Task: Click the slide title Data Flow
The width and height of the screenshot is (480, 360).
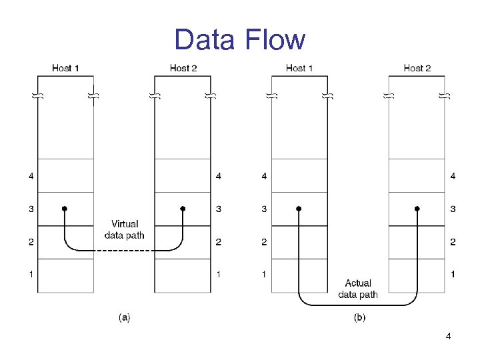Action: coord(239,40)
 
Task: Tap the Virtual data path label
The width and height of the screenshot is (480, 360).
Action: coord(125,229)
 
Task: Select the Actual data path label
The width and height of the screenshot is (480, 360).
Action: coord(358,289)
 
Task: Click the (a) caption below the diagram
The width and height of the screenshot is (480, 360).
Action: coord(124,318)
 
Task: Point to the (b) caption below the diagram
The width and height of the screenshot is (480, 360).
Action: coord(359,318)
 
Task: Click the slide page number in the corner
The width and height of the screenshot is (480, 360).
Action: coord(448,337)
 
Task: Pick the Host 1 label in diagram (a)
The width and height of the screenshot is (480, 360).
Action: coord(65,68)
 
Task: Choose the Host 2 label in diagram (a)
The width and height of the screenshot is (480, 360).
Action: coord(183,68)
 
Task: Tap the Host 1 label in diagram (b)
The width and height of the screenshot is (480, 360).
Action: coord(299,68)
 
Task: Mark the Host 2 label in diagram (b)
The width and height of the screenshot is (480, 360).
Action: coord(417,68)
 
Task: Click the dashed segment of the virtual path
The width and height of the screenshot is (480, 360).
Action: coord(123,251)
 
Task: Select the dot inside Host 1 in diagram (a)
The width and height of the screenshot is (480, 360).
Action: coord(65,209)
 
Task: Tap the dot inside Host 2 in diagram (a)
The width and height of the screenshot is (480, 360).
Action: coord(183,209)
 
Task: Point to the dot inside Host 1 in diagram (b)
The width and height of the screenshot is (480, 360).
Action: coord(299,209)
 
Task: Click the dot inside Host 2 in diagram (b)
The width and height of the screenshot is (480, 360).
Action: coord(417,209)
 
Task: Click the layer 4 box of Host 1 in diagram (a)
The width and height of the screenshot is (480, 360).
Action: coord(65,176)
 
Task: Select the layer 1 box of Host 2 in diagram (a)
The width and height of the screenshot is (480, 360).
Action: coord(183,275)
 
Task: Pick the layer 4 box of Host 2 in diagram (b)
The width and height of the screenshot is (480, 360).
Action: coord(417,176)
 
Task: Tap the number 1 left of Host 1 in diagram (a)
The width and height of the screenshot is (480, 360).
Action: coord(31,274)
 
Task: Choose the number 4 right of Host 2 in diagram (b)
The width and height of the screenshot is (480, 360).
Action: coord(453,176)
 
